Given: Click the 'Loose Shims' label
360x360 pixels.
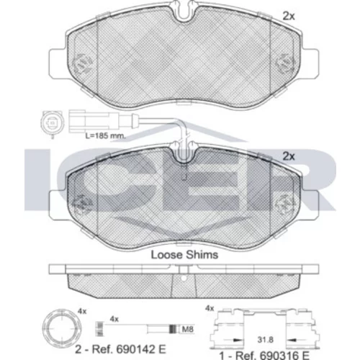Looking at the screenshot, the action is click(x=184, y=255).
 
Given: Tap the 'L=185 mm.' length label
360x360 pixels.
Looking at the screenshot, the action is click(x=106, y=136).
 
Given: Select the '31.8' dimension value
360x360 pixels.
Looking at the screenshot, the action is click(x=266, y=340).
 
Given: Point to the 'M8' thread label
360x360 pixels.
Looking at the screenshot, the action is click(x=187, y=329).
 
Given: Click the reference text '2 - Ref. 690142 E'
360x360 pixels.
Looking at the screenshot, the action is click(x=120, y=349).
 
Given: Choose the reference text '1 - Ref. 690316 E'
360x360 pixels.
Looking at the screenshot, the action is click(x=264, y=355).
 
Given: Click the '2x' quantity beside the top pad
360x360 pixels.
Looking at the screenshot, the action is click(x=289, y=17).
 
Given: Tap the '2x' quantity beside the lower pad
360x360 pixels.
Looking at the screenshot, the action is click(x=289, y=156).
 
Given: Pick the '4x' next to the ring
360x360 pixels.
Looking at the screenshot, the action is click(x=82, y=312).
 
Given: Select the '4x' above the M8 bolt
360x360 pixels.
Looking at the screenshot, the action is click(x=114, y=319).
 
